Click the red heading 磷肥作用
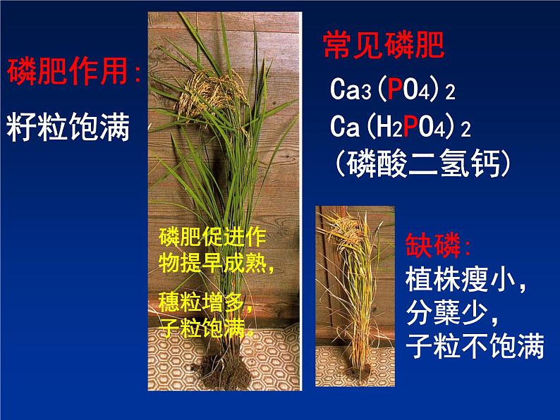67,71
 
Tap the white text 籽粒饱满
68,128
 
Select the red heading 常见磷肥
384,44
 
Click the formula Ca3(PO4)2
393,89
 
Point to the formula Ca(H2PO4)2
401,126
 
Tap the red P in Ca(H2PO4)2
410,126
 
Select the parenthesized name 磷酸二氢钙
423,163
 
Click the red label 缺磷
433,245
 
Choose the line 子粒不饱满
475,345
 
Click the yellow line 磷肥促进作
212,237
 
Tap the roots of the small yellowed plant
360,375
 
